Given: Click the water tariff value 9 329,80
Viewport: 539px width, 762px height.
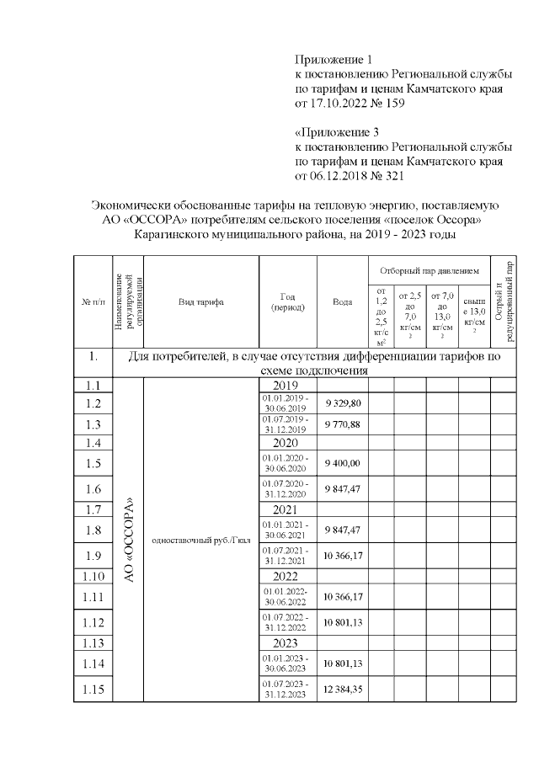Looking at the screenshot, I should (x=342, y=403).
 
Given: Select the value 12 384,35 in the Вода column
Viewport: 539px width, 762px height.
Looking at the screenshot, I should (x=342, y=690).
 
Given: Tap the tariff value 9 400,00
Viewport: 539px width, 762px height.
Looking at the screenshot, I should (x=342, y=463).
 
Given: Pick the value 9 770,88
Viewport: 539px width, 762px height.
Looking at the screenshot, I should (x=342, y=424).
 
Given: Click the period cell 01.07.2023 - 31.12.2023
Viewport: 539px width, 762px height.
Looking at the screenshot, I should (x=286, y=690).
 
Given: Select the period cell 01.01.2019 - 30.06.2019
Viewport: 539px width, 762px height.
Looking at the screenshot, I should (x=286, y=403).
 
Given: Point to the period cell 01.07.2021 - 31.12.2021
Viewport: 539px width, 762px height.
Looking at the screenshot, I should (x=286, y=556).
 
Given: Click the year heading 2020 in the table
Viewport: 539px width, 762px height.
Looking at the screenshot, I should (x=286, y=443).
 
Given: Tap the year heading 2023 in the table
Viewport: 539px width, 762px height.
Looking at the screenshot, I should (x=286, y=644).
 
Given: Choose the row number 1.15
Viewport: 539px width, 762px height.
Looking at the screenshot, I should (x=93, y=690).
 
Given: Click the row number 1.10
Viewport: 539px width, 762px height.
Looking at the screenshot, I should (x=93, y=576).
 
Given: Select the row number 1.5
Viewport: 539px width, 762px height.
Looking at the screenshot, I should (x=93, y=463).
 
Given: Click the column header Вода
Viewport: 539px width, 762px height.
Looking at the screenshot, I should (x=342, y=301).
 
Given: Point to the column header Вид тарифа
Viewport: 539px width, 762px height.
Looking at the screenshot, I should (x=201, y=301).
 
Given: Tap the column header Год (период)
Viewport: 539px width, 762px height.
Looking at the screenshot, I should (x=286, y=301).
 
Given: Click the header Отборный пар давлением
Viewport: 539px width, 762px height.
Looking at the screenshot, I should (x=430, y=272).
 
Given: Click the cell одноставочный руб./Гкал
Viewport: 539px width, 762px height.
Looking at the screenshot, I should (x=201, y=540).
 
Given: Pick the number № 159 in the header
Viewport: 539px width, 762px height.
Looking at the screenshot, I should (x=387, y=104).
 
